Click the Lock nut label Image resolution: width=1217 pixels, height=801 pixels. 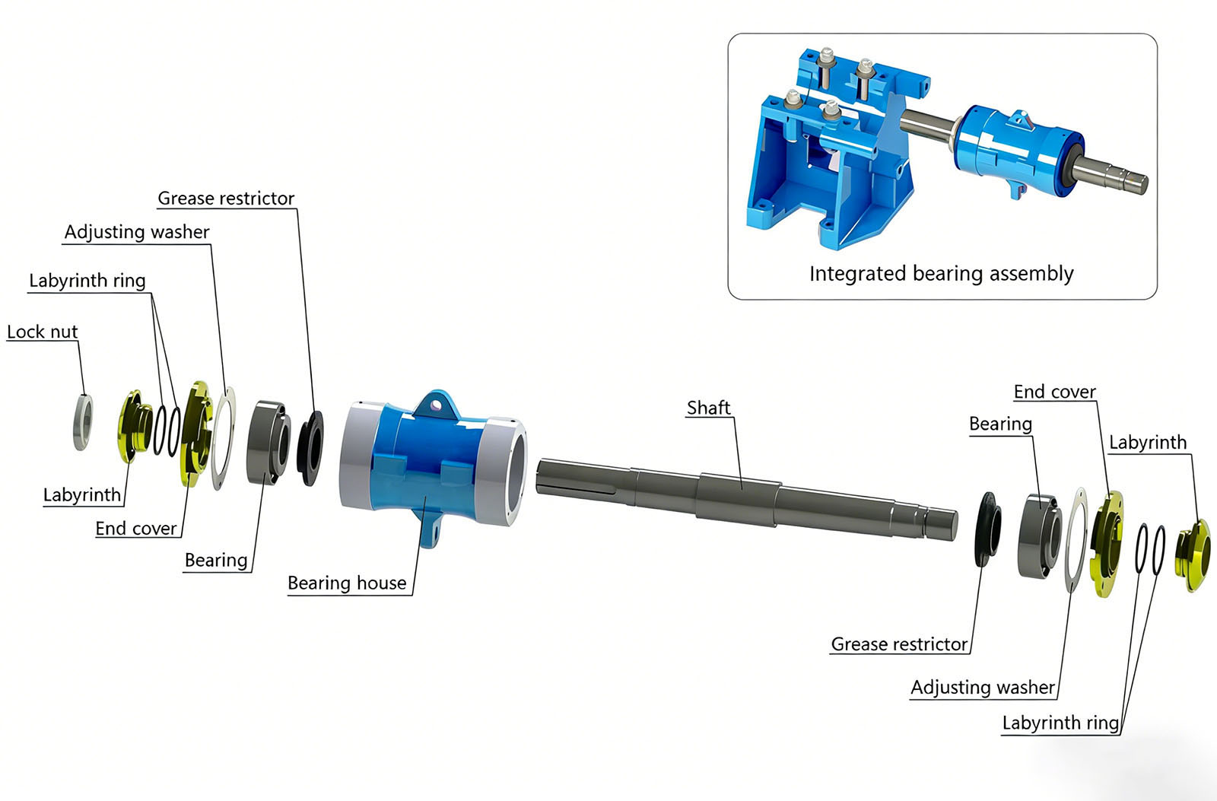[43, 332]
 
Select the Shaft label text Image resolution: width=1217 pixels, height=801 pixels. [708, 408]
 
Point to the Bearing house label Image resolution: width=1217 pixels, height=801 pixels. [347, 583]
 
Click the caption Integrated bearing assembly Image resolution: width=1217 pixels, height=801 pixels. [941, 273]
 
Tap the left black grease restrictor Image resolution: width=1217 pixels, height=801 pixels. [310, 448]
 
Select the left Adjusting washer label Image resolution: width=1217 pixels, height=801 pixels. [137, 232]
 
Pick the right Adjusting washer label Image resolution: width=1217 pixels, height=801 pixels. [983, 688]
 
